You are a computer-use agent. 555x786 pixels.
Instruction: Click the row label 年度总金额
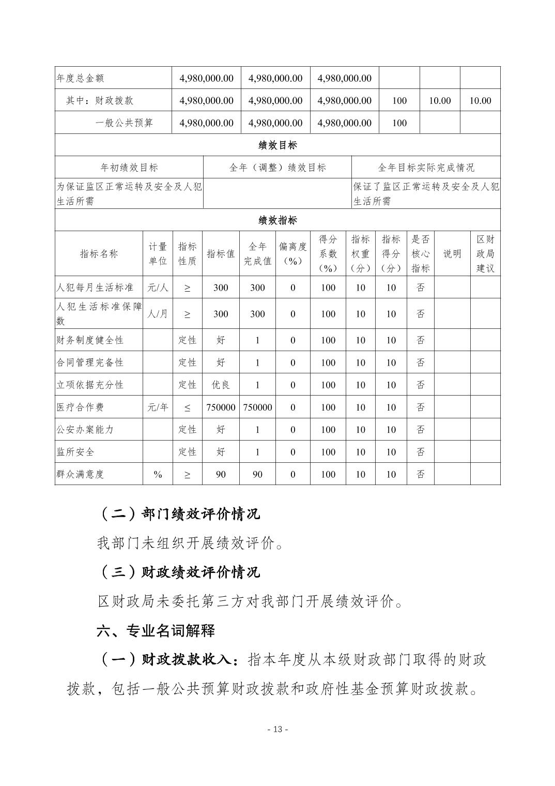(x=80, y=78)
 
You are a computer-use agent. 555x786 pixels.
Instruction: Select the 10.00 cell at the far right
(x=480, y=100)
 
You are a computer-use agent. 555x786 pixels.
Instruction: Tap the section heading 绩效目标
(x=277, y=145)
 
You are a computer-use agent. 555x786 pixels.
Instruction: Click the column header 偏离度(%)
(x=292, y=254)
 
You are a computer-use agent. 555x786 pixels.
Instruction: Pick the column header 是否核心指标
(x=420, y=254)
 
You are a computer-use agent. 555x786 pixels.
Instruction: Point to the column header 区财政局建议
(x=485, y=254)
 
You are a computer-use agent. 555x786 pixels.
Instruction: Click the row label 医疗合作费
(x=80, y=407)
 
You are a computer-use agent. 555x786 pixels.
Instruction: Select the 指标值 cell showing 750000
(x=221, y=407)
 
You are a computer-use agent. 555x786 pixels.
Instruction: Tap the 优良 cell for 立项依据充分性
(x=221, y=385)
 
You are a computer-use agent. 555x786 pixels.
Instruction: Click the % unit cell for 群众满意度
(x=158, y=474)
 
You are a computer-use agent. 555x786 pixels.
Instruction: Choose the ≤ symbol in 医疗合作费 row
(x=187, y=407)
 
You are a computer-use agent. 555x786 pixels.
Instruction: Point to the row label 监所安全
(x=75, y=452)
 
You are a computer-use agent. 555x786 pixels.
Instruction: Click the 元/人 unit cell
(x=158, y=288)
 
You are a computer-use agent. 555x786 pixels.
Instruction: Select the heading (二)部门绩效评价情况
(x=178, y=513)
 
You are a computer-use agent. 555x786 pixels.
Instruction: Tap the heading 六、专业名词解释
(x=156, y=631)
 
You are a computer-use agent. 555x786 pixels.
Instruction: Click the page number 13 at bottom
(x=277, y=730)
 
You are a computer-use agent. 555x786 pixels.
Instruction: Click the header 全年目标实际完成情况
(x=426, y=168)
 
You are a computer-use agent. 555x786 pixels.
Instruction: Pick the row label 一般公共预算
(x=124, y=123)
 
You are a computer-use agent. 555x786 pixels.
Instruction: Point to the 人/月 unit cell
(x=158, y=313)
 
